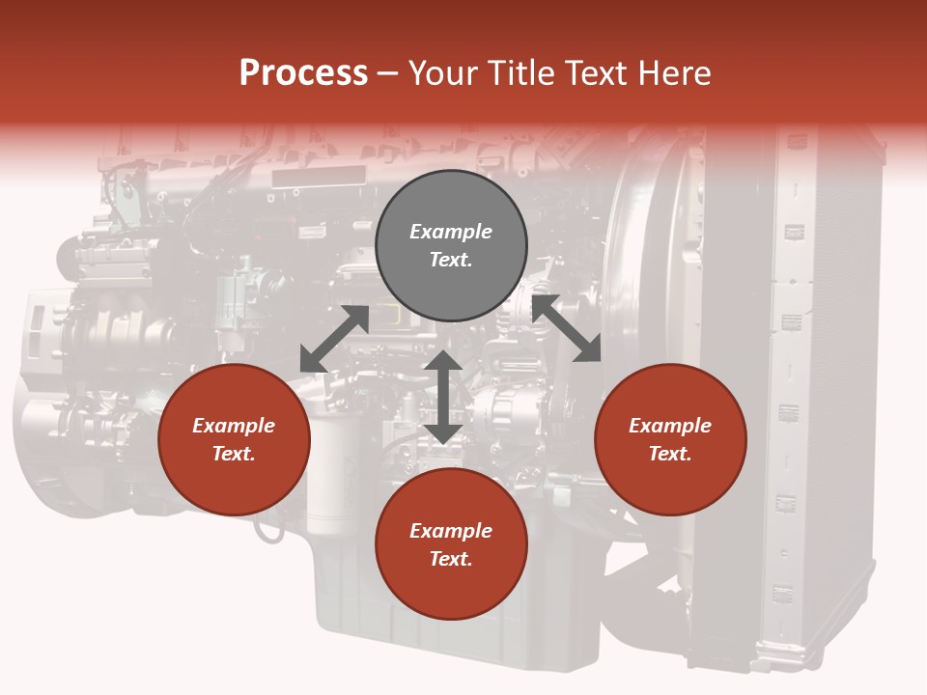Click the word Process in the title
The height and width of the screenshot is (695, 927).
coord(303,73)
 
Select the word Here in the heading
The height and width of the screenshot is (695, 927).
coord(676,73)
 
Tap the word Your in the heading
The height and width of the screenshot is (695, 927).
coord(443,73)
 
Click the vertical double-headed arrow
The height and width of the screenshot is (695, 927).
coord(442,397)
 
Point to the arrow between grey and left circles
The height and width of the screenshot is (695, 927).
coord(335,339)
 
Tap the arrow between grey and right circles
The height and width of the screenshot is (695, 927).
coord(566,328)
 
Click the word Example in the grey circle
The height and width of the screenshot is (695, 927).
coord(451,232)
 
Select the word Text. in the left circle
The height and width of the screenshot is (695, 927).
coord(234,454)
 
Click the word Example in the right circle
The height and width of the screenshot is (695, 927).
coord(670,426)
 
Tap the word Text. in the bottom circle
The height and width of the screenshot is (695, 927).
coord(451,559)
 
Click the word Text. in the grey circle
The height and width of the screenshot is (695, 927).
coord(451,260)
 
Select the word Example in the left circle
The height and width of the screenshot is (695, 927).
coord(234,426)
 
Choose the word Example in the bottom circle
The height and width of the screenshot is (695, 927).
coord(451,531)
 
